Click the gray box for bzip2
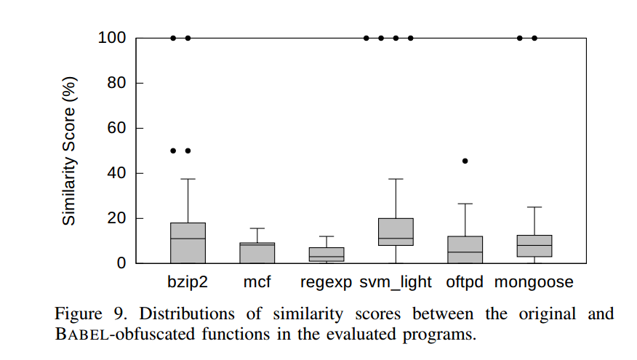[188, 243]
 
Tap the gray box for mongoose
[534, 246]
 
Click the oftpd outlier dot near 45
[465, 161]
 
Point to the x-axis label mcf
[257, 281]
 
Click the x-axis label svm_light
[396, 281]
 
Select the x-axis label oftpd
[465, 281]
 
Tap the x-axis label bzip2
[188, 281]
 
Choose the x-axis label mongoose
[534, 281]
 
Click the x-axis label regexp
[326, 282]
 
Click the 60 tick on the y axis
[116, 128]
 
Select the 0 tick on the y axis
[121, 263]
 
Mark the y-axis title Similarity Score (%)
[68, 151]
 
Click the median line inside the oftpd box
[465, 252]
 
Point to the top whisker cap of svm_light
[396, 179]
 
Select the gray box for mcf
[257, 253]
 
